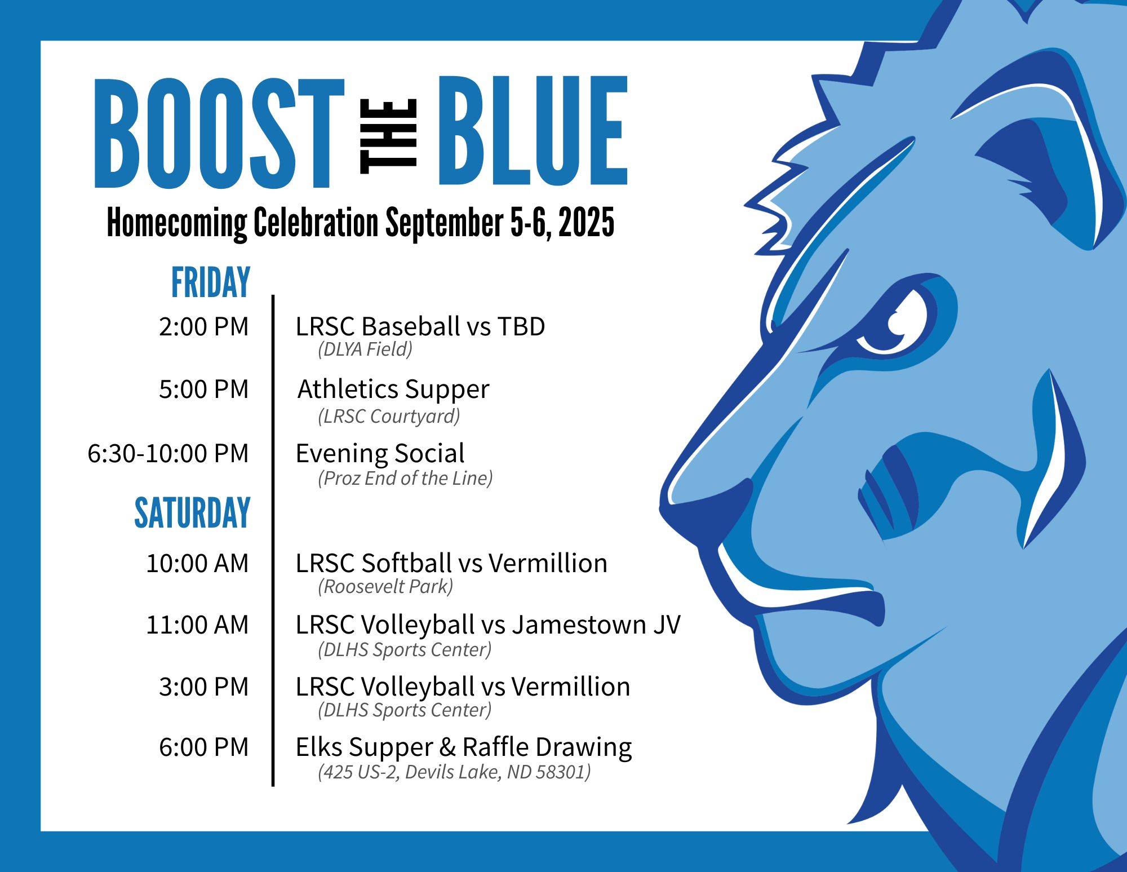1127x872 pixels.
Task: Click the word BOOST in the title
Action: pos(219,133)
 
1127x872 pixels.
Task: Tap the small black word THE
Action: pos(388,136)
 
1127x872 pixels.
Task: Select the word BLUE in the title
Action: pos(533,131)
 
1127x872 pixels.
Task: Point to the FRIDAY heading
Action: pos(211,282)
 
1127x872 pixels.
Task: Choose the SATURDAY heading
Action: pos(192,512)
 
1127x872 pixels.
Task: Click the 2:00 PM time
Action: pos(203,326)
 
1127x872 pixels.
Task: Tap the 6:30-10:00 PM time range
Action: pos(168,453)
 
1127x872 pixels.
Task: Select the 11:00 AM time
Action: pos(197,625)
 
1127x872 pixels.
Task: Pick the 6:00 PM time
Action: pos(203,747)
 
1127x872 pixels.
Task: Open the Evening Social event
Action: pos(380,453)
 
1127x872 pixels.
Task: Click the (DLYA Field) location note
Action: pos(365,349)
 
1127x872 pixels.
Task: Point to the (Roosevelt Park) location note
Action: pos(385,587)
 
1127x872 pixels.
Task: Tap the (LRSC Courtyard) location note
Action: pos(389,417)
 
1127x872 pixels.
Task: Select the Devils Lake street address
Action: pos(454,772)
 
